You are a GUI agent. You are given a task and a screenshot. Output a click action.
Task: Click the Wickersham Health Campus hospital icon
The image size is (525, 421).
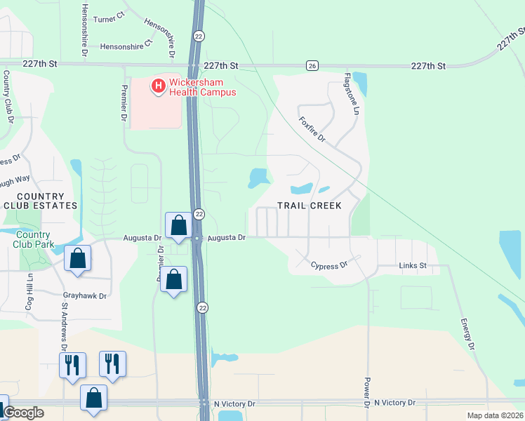coord(159,86)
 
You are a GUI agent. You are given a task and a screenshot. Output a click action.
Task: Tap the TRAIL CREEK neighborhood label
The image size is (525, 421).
coord(309,206)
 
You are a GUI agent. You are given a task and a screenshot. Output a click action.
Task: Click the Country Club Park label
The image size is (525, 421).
coord(33,239)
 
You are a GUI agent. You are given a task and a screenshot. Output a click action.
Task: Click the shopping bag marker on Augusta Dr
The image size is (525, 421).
coord(178,226)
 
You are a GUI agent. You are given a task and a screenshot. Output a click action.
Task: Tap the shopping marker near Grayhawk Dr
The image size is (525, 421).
coord(77,258)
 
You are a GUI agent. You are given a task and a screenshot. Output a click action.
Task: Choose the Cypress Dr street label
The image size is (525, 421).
coord(330,266)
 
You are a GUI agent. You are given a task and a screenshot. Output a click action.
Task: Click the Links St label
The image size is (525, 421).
coord(413,266)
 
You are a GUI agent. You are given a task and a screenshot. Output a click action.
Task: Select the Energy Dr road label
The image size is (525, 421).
coord(467,330)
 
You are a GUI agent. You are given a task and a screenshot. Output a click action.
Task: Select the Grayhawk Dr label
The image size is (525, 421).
coord(84,296)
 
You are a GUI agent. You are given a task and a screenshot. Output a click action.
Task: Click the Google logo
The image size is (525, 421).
coord(22,413)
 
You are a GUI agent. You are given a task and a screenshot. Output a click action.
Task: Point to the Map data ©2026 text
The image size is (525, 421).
coord(494,415)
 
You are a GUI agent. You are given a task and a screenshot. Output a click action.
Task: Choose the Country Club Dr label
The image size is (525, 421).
coord(8,96)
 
